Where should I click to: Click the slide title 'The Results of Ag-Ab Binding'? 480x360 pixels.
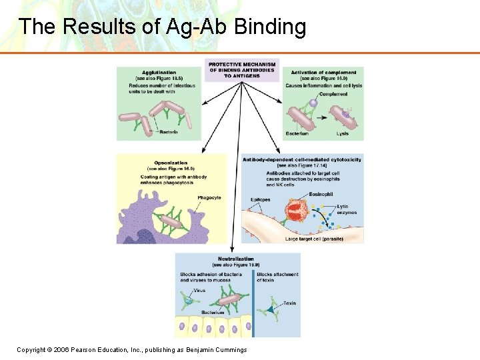coord(162,27)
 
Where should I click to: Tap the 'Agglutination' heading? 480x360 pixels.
coord(159,72)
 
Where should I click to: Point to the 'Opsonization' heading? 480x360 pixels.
coord(171,163)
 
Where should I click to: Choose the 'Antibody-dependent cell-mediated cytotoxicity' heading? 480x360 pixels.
coord(303,160)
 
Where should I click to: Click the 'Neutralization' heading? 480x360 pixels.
coord(236,259)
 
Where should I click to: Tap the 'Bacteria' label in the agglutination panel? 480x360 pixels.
coord(168,132)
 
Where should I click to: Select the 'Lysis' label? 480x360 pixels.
coord(343,133)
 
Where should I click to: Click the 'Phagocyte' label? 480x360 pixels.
coord(209,198)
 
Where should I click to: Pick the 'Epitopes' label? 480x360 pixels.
coord(260,199)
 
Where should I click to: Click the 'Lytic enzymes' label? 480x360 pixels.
coord(347,209)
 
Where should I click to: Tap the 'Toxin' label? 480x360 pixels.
coord(289,303)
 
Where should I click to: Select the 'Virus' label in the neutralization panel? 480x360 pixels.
coord(199,291)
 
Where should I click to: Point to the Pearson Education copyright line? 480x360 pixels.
coord(132,350)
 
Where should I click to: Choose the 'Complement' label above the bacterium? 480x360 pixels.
coord(333,95)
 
